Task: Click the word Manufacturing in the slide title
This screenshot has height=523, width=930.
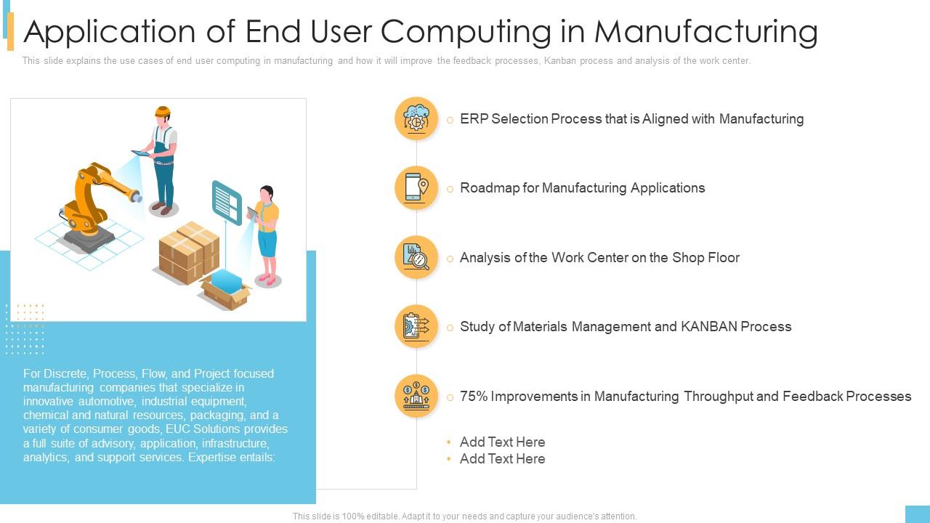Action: pos(706,31)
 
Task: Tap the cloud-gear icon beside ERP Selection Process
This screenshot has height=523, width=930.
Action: pos(416,118)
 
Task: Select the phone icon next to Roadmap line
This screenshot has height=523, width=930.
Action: pos(416,187)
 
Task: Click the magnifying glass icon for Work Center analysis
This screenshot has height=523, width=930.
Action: pos(416,257)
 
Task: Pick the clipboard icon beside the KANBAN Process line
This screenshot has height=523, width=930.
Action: pos(416,326)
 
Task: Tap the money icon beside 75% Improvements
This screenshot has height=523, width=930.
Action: pos(416,396)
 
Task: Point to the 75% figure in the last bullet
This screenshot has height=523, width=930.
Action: pos(474,397)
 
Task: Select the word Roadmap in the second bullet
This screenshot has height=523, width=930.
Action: pos(490,188)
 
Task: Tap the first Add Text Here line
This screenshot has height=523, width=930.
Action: pos(502,442)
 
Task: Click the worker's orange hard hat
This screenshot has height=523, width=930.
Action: pos(162,112)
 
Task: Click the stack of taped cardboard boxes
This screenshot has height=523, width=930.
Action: pos(189,252)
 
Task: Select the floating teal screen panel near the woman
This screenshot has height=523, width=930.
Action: pos(227,203)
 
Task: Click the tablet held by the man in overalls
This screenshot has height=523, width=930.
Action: pos(141,153)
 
